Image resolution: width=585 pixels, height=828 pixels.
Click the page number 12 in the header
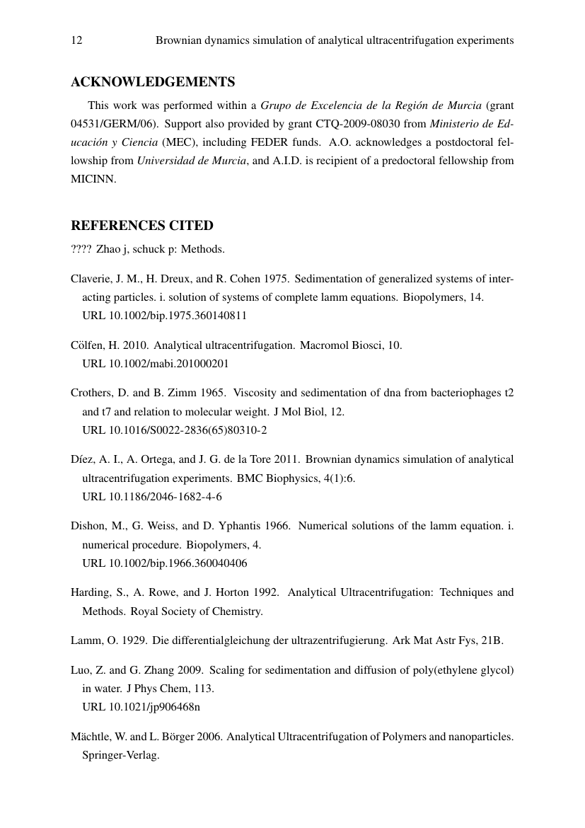pyautogui.click(x=76, y=40)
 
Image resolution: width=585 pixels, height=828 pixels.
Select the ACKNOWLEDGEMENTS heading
pyautogui.click(x=153, y=82)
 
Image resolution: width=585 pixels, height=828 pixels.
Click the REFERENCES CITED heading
pyautogui.click(x=141, y=226)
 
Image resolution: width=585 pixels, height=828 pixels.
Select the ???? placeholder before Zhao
pyautogui.click(x=81, y=249)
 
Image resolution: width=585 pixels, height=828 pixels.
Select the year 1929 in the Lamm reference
pyautogui.click(x=134, y=641)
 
